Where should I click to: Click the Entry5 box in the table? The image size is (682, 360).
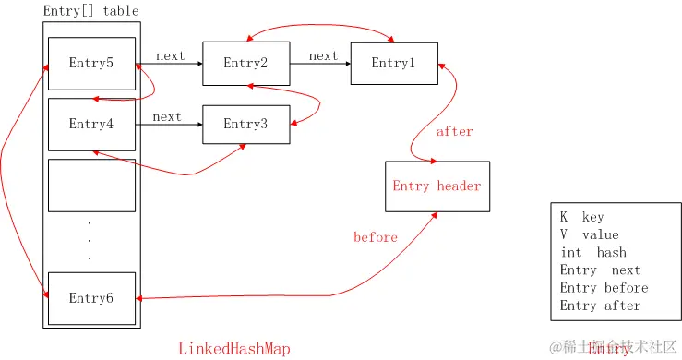[x=91, y=64]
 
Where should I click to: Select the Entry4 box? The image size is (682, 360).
[x=91, y=124]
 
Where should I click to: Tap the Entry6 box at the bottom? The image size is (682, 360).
[x=91, y=298]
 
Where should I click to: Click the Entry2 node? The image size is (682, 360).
[x=245, y=64]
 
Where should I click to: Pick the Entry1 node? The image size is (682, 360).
[x=394, y=64]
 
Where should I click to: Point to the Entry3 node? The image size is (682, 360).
[x=245, y=124]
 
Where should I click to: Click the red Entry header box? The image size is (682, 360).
[x=437, y=186]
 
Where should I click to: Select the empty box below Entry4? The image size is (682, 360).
[x=91, y=186]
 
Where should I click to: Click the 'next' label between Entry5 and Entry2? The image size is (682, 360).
[x=170, y=56]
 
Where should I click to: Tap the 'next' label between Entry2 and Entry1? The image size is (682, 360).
[x=323, y=56]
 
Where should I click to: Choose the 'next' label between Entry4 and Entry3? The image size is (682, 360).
[x=167, y=117]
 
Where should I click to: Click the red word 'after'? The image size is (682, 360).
[x=454, y=132]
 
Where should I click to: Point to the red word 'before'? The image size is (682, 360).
[x=376, y=238]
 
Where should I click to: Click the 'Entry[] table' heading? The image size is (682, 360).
[x=91, y=11]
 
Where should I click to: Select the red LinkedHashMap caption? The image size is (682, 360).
[x=233, y=348]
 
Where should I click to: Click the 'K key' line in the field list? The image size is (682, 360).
[x=581, y=217]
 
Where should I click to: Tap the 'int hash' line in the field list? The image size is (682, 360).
[x=592, y=252]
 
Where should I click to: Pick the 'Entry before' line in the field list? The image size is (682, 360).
[x=604, y=287]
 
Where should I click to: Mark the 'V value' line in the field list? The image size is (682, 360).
[x=589, y=234]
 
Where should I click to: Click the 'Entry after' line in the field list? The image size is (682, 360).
[x=600, y=305]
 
